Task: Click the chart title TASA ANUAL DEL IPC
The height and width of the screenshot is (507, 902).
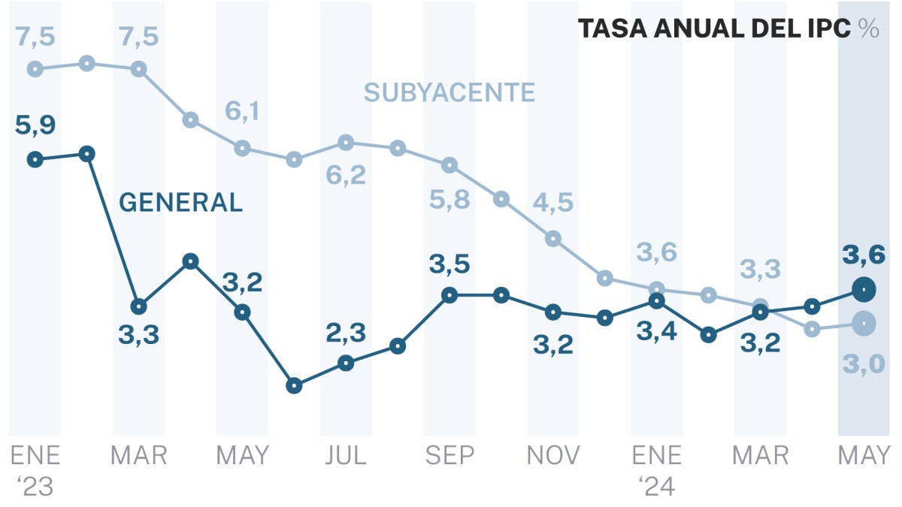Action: click(x=715, y=29)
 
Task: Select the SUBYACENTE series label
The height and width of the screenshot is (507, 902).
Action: click(x=449, y=92)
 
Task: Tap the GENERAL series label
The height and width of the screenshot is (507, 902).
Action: click(x=181, y=203)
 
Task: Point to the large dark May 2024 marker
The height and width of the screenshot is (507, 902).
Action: click(x=864, y=288)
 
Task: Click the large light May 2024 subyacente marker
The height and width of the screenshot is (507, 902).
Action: click(x=864, y=323)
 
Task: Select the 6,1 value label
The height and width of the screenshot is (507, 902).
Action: click(x=242, y=111)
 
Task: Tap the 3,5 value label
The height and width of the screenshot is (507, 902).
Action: click(x=449, y=264)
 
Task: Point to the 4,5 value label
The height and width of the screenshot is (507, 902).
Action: click(x=552, y=203)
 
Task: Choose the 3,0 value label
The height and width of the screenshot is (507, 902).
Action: click(x=864, y=365)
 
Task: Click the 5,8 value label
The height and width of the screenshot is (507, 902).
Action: click(x=449, y=201)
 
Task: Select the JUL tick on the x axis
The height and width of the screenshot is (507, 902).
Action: click(x=346, y=455)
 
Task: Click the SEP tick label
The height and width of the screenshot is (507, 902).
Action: click(x=449, y=455)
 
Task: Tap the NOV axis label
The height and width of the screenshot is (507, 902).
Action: click(x=552, y=455)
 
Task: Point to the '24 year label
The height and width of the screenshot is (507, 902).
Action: click(x=656, y=487)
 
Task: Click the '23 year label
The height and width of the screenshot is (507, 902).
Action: click(x=35, y=487)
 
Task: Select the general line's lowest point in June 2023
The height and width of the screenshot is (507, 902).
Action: click(x=295, y=385)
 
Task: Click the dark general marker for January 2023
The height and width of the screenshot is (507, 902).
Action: click(x=35, y=159)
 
